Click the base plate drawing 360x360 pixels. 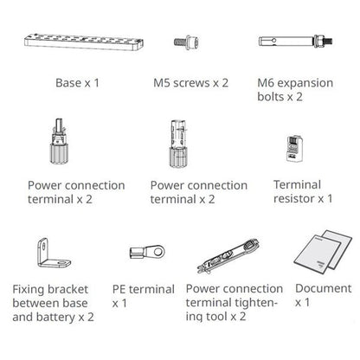[84, 42]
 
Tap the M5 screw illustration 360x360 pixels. [187, 42]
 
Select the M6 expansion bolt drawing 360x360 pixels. [295, 42]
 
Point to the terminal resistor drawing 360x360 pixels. [294, 149]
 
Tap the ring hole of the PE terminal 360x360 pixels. [158, 252]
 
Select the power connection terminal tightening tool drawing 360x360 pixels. [228, 255]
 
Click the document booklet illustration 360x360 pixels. [323, 252]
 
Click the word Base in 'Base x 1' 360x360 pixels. [68, 83]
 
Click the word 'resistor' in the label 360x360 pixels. [294, 198]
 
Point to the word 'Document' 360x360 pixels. [324, 288]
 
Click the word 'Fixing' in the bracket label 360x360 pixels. [29, 290]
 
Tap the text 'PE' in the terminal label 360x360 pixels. [119, 289]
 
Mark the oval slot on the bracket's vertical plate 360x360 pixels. [43, 247]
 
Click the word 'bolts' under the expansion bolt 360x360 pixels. [271, 97]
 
